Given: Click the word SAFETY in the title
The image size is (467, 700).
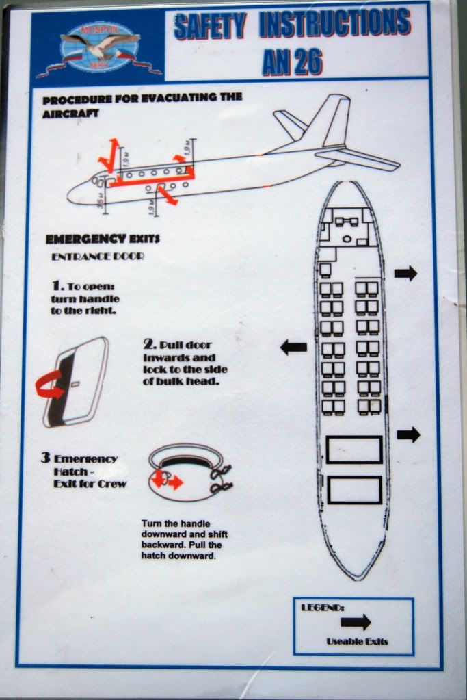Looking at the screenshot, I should tap(210, 26).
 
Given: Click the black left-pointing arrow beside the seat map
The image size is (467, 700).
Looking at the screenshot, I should tap(293, 347).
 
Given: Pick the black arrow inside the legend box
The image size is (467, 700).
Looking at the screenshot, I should tap(356, 621).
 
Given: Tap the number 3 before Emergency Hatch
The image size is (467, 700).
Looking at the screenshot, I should tap(44, 457).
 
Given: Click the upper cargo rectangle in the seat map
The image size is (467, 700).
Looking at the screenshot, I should tap(353, 449).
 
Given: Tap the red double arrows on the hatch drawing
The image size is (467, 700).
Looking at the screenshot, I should tap(167, 481).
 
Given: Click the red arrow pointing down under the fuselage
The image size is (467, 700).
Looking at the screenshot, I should tap(168, 197).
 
